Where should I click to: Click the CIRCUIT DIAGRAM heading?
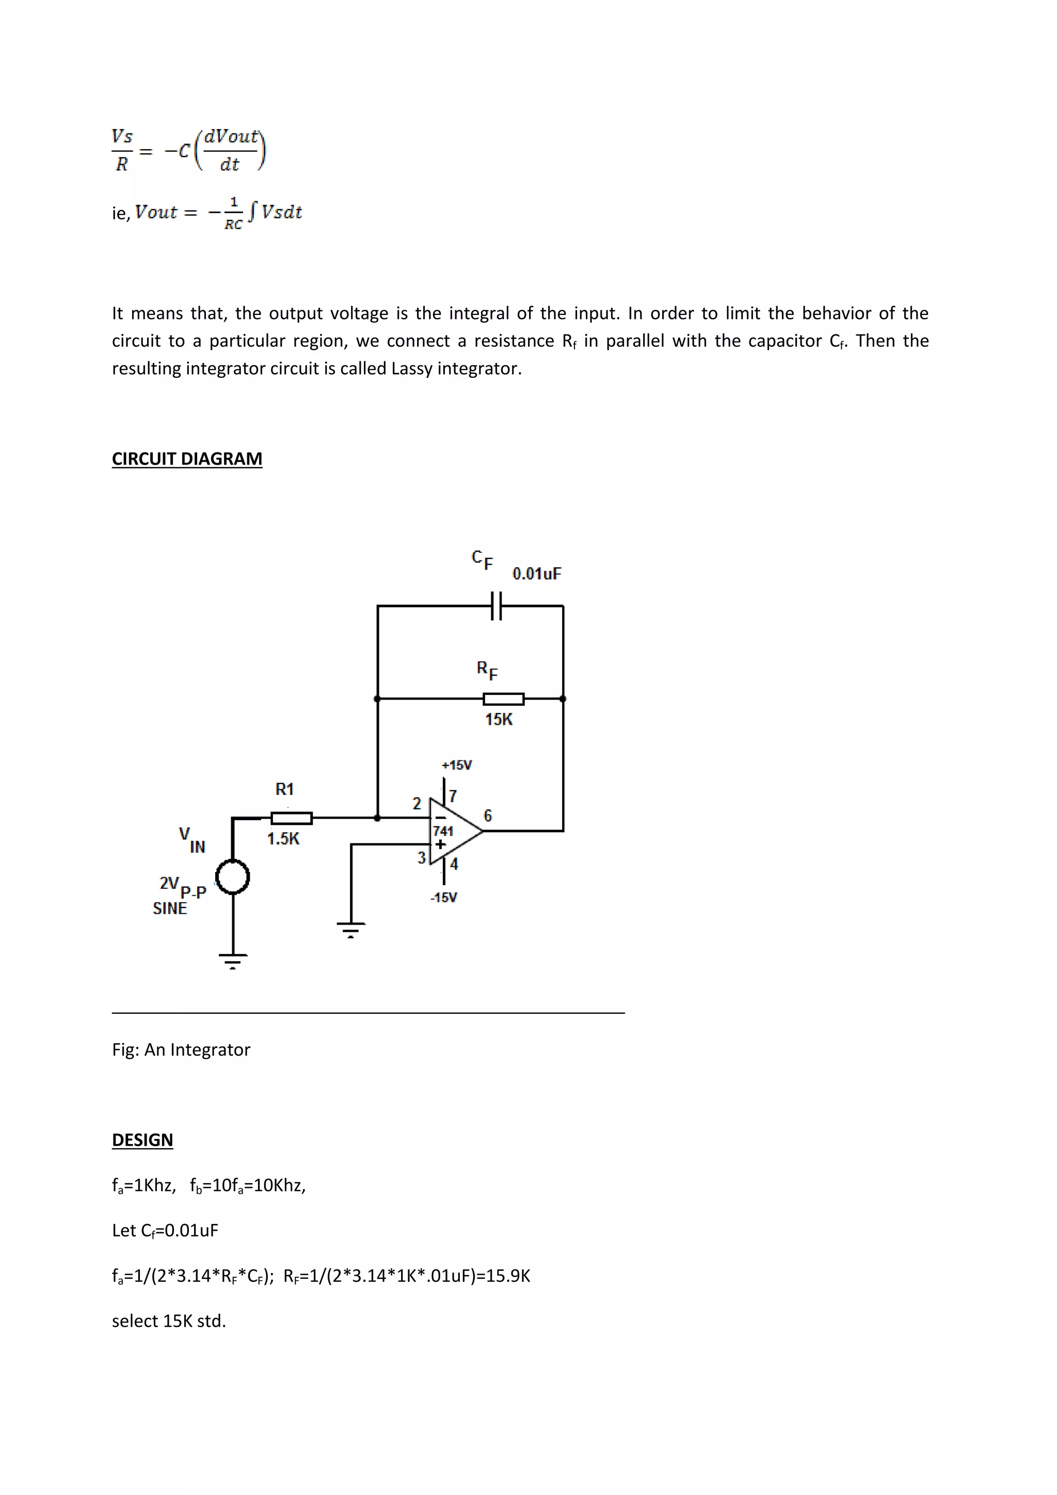187,459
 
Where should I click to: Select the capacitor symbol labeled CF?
496,606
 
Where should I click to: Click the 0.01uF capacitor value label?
536,574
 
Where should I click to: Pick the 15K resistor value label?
499,720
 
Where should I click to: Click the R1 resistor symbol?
291,818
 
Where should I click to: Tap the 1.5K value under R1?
283,839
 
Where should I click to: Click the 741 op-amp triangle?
454,832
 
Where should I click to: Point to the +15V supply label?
456,765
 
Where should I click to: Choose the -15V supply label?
443,897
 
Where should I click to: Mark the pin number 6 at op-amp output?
488,815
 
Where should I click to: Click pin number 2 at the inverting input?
417,803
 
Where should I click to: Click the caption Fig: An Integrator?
181,1049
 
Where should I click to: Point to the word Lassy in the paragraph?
412,369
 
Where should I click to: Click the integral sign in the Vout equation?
252,212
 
